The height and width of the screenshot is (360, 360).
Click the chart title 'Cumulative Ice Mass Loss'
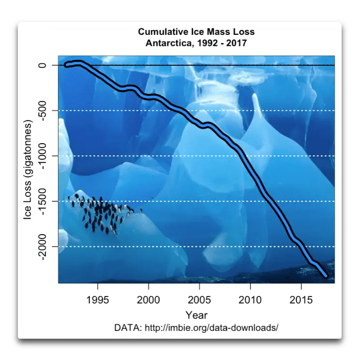point(196,32)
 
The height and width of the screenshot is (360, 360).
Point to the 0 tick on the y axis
point(43,65)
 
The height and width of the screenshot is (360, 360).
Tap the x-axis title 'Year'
point(196,315)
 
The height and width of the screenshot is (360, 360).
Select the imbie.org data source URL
point(210,328)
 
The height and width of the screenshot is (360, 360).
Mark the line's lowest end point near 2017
point(326,276)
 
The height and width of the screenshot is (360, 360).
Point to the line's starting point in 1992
point(67,65)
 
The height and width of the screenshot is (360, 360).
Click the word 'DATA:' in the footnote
point(127,328)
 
